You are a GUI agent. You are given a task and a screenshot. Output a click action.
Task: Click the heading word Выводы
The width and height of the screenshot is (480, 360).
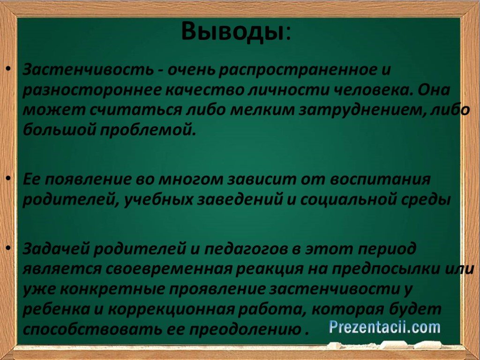[232, 31]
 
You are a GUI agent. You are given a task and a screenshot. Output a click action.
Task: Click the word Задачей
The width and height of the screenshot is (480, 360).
[55, 248]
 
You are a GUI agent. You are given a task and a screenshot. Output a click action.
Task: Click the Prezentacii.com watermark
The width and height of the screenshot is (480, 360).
[385, 327]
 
